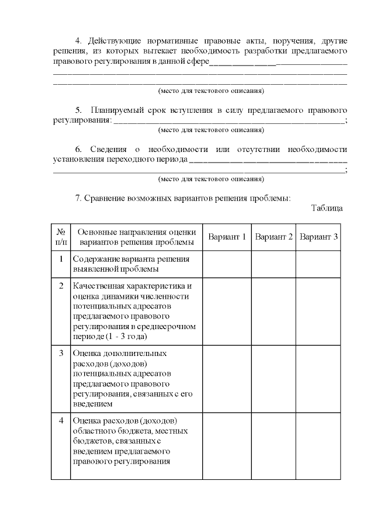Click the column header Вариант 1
(x=227, y=237)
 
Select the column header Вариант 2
(x=273, y=237)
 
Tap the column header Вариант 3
(x=318, y=237)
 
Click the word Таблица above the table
(x=327, y=208)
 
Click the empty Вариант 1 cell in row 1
(x=227, y=264)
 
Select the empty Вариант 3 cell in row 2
(x=318, y=311)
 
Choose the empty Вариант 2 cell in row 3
(x=273, y=379)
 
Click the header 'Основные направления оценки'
(x=137, y=232)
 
